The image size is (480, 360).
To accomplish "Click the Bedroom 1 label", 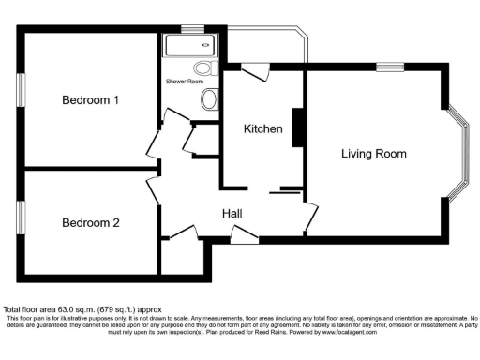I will pos(90,100).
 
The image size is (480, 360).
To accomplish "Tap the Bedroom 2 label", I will pos(90,223).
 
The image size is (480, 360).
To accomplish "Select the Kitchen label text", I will pos(262,128).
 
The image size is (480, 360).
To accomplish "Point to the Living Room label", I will pos(373,153).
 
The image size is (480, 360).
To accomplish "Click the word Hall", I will pos(232,214).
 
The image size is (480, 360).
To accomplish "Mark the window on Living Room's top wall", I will pos(390,67).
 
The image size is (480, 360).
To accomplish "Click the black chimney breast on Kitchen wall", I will pos(297,127).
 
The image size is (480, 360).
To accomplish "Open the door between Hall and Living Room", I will pos(308,217).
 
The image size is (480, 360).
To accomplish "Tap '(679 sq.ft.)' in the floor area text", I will pos(120,308).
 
